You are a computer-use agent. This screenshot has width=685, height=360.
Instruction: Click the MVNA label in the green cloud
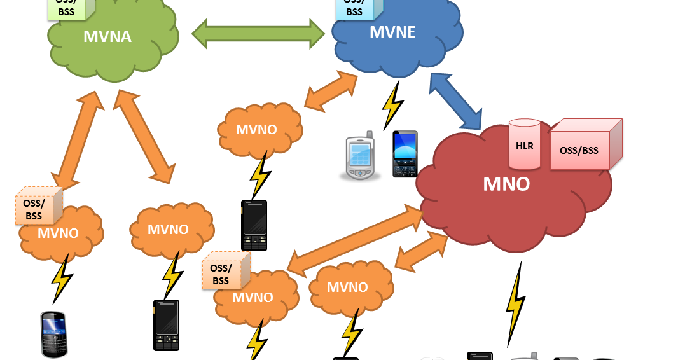coord(107,36)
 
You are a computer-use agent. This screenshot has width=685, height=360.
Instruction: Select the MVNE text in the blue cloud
coord(392,32)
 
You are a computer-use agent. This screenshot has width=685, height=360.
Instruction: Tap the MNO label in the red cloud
coord(506,184)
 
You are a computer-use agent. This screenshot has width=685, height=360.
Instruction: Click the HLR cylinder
coord(525,144)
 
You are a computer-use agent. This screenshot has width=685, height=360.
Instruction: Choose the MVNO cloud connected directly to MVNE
coord(258,130)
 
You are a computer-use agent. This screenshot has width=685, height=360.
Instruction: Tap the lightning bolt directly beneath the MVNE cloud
coord(392,106)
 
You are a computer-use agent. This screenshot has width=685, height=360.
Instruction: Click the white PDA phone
coord(361,158)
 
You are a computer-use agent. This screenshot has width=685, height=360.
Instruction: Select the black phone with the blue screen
coord(405,154)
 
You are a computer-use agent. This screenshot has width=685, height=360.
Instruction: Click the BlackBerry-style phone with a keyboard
coord(54,334)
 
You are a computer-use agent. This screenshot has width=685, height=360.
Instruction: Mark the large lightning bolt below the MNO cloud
coord(516,305)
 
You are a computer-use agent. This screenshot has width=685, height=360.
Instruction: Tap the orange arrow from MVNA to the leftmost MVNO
coord(78,140)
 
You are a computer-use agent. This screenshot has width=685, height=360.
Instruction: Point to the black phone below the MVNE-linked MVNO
coord(254,225)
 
